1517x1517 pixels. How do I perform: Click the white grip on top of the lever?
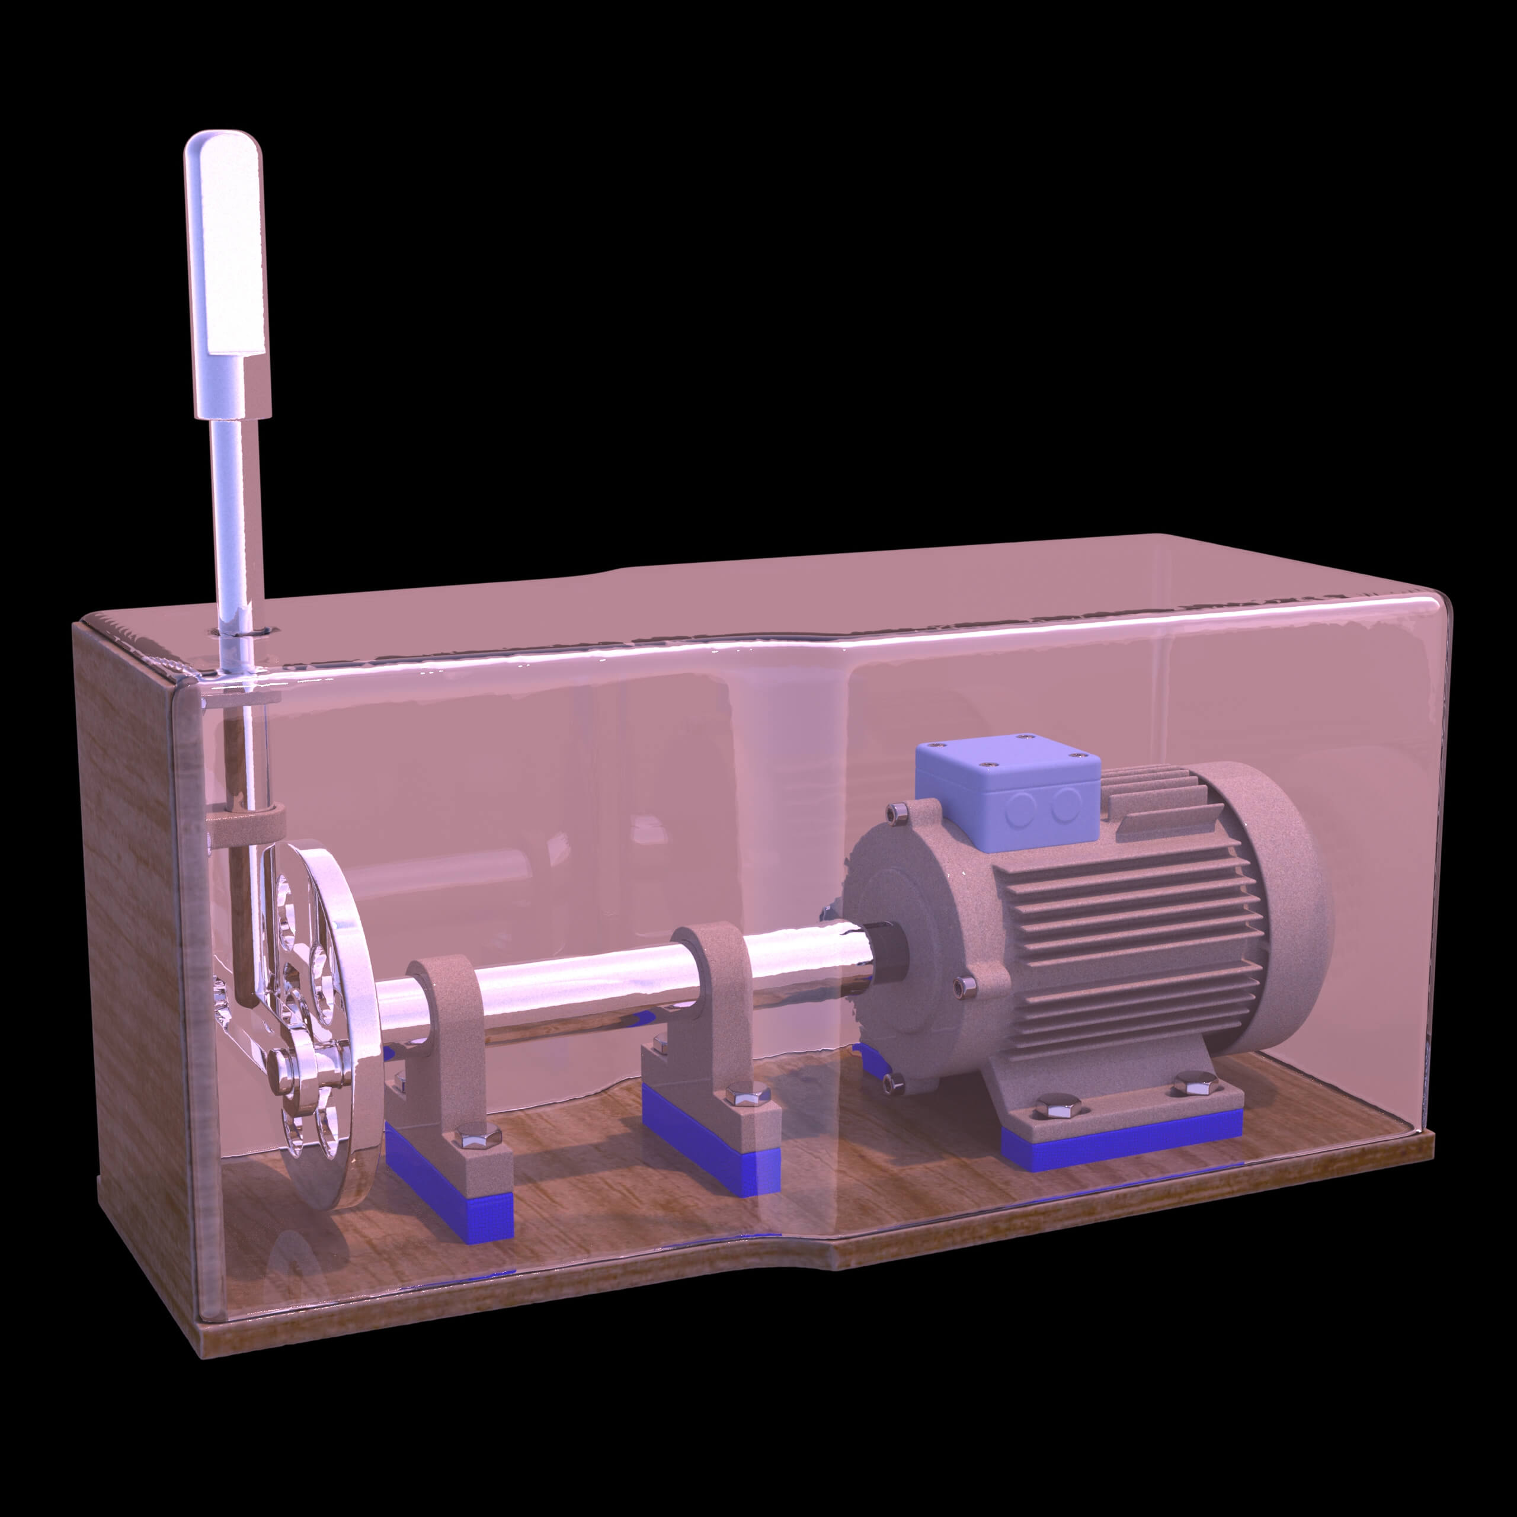[x=225, y=244]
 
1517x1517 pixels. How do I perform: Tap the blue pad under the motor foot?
[x=1123, y=1148]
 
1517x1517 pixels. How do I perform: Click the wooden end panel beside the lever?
[x=130, y=903]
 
